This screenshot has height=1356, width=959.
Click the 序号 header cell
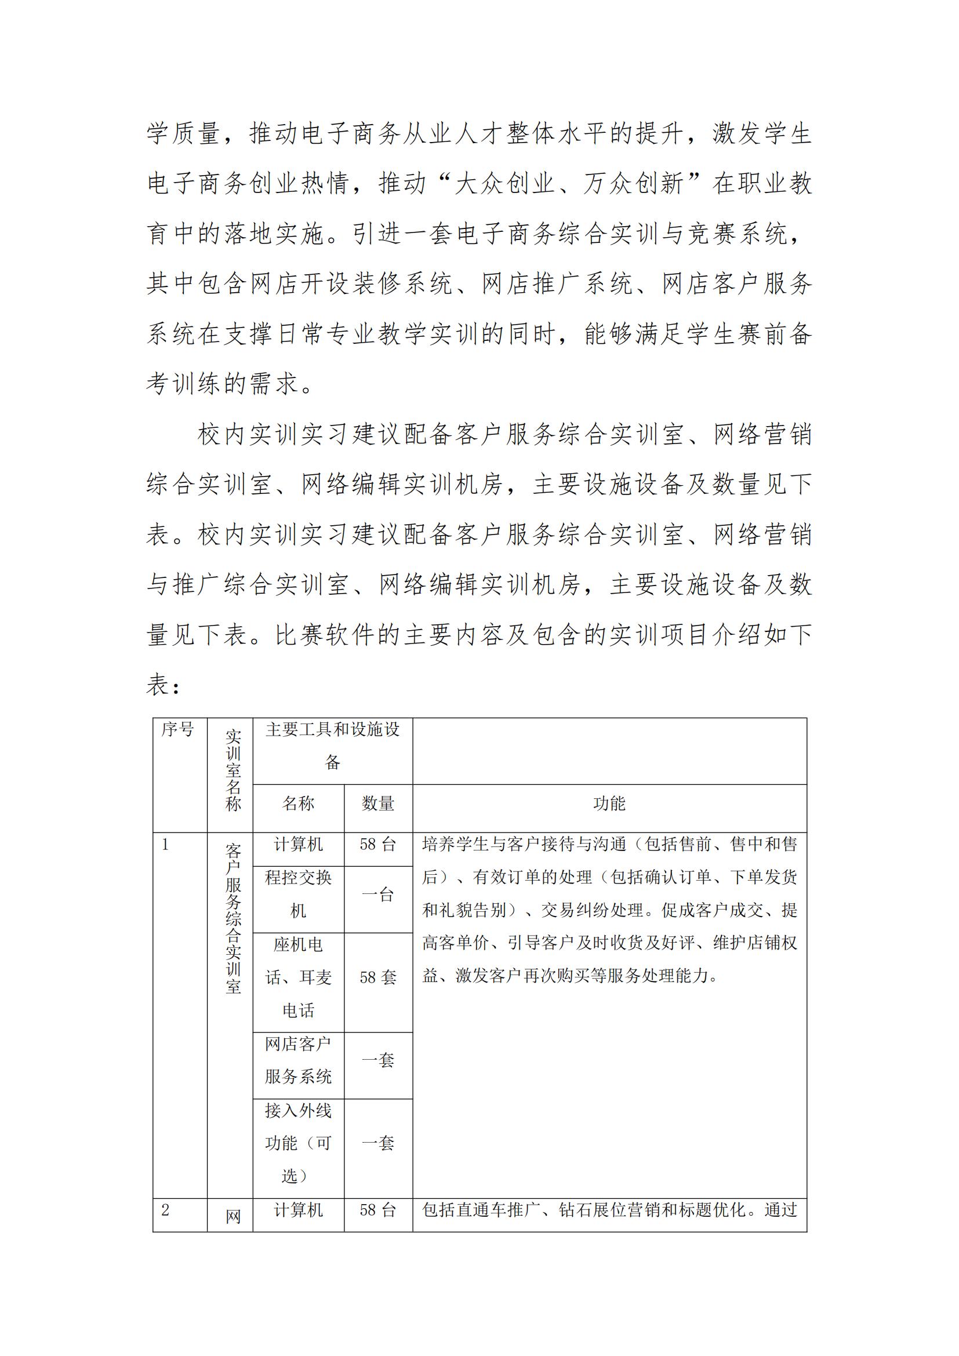[x=178, y=730]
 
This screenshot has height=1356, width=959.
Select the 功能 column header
[x=609, y=803]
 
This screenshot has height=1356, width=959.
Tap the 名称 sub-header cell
[x=298, y=803]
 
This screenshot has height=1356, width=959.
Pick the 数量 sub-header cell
[x=378, y=803]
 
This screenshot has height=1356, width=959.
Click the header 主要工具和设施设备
[x=332, y=746]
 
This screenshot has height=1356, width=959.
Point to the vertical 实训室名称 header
[x=233, y=770]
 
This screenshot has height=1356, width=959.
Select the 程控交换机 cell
[x=298, y=894]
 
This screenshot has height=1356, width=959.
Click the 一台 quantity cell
[x=378, y=895]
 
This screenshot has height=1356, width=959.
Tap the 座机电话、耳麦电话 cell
[x=298, y=977]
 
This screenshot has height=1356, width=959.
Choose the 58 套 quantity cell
[x=378, y=977]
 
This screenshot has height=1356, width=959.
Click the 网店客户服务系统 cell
[x=298, y=1060]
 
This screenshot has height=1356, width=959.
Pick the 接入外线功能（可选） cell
[x=298, y=1143]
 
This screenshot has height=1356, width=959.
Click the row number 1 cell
[x=166, y=845]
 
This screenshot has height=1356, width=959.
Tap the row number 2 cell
[x=166, y=1210]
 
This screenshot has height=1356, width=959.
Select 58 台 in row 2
[x=378, y=1210]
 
